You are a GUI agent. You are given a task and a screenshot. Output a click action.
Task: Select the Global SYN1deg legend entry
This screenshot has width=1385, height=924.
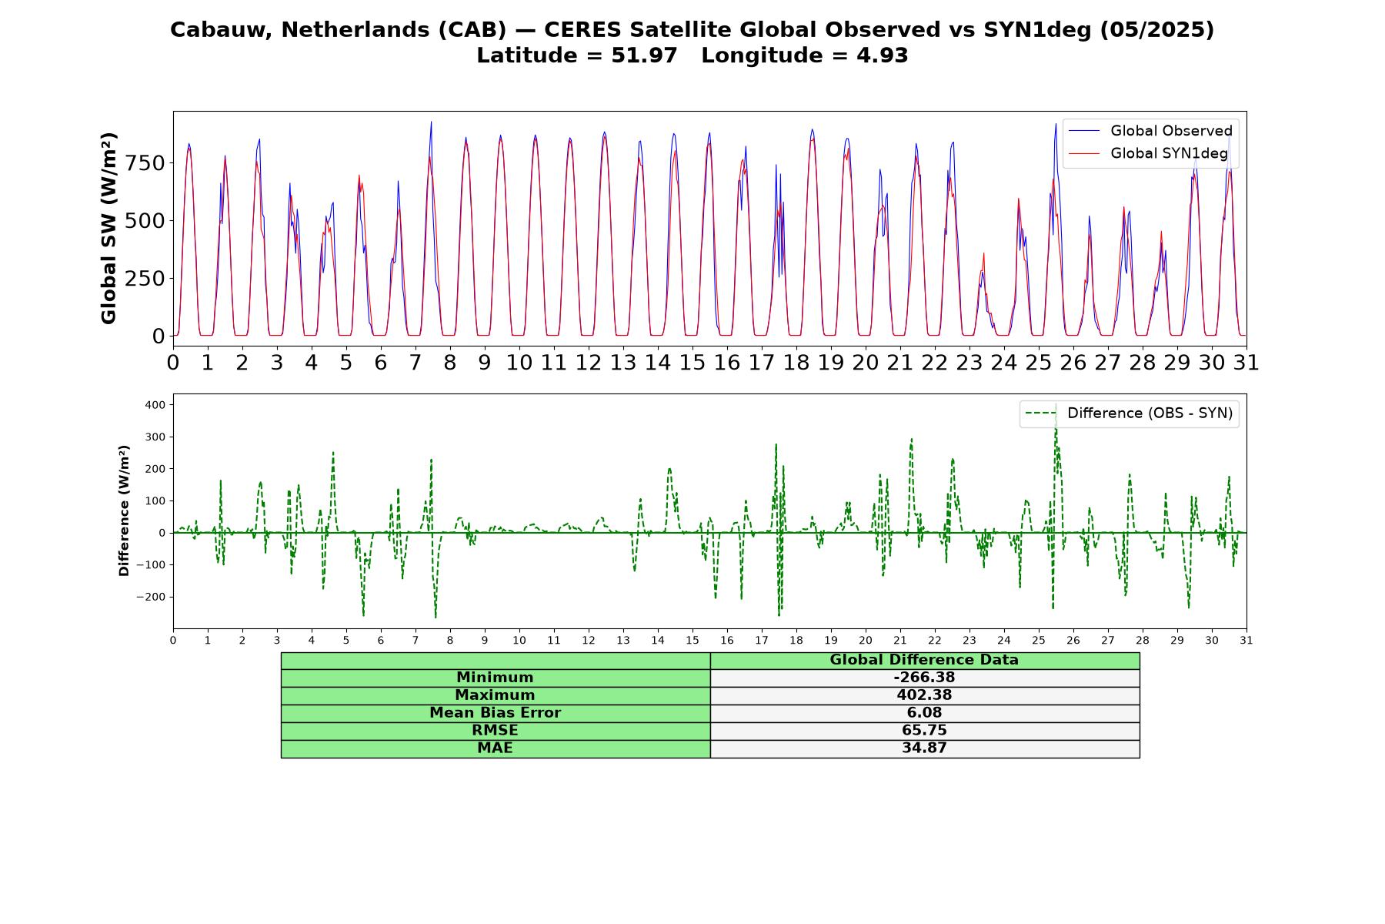1148,153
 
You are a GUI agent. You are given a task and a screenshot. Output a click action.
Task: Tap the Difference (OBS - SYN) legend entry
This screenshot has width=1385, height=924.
1129,413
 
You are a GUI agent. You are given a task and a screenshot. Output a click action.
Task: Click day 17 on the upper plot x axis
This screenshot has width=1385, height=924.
762,363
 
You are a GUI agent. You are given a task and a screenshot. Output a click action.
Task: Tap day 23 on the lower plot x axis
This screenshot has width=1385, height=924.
969,641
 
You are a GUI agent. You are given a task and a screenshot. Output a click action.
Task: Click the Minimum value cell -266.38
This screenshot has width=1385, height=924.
924,678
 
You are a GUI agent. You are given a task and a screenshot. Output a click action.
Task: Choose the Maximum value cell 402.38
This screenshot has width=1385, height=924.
924,695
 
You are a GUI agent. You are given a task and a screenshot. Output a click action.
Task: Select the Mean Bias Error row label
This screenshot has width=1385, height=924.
495,713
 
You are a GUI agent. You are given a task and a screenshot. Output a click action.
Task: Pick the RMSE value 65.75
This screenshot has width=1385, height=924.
924,731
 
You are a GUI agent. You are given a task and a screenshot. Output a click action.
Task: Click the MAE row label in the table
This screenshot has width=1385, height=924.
495,748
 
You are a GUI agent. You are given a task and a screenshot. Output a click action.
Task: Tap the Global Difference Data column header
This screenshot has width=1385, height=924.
924,660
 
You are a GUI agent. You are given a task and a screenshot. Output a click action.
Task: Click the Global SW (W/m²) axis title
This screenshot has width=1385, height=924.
108,228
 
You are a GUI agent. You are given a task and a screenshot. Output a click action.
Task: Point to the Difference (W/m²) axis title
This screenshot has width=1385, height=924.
124,511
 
